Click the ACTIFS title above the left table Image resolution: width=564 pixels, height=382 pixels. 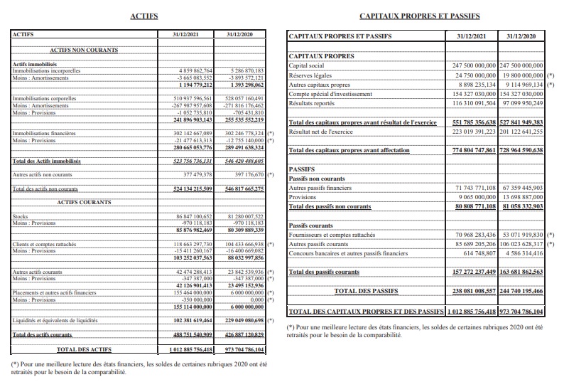[145, 15]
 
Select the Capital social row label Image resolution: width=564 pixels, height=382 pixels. [307, 65]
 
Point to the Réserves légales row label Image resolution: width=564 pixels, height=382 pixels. [310, 75]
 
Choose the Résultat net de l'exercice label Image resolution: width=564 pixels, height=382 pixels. [321, 132]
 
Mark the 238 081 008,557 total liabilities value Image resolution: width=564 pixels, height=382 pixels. [474, 291]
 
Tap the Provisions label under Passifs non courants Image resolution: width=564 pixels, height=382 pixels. [303, 197]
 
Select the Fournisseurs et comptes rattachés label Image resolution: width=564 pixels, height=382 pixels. [332, 235]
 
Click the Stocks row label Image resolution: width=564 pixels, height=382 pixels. [21, 216]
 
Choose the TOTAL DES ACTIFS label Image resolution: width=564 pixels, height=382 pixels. [84, 350]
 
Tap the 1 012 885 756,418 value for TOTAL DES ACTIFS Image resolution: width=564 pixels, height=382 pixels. [190, 350]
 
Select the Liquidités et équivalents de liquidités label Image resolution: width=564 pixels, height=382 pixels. [55, 322]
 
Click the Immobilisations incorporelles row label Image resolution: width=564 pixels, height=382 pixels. [46, 71]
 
